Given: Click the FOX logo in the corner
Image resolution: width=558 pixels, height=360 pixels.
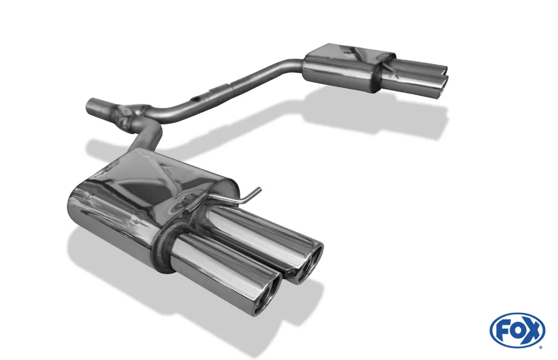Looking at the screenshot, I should [517, 330].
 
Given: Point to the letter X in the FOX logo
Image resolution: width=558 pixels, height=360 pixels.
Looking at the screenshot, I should [533, 331].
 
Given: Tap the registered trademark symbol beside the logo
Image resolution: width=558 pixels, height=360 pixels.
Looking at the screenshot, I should [540, 347].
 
